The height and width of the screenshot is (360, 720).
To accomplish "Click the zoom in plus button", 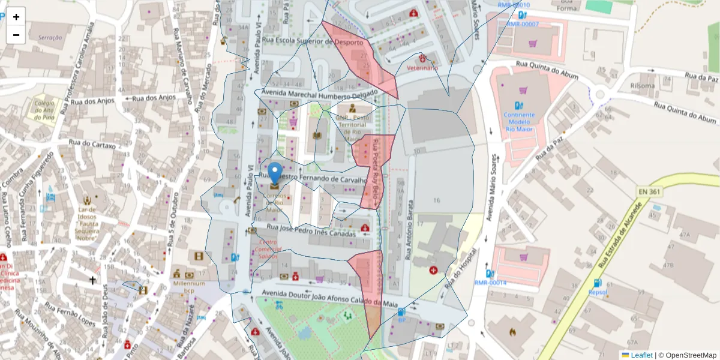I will (16, 17).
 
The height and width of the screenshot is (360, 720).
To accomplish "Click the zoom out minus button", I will (16, 35).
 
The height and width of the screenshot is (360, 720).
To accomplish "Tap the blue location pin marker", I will (275, 173).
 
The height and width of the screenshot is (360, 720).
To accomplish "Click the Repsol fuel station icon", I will (597, 283).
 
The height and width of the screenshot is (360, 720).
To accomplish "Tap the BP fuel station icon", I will (401, 312).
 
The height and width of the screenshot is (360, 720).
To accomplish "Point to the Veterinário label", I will (422, 68).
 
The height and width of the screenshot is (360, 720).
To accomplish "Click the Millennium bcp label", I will (189, 287).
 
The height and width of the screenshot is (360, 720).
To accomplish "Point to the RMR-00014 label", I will (490, 283).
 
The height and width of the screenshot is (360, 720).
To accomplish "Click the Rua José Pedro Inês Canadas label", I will (311, 230).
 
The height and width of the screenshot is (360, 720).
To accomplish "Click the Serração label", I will (50, 37).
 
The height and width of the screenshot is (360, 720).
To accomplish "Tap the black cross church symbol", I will (93, 280).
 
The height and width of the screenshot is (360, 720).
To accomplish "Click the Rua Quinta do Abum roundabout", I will (601, 93).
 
